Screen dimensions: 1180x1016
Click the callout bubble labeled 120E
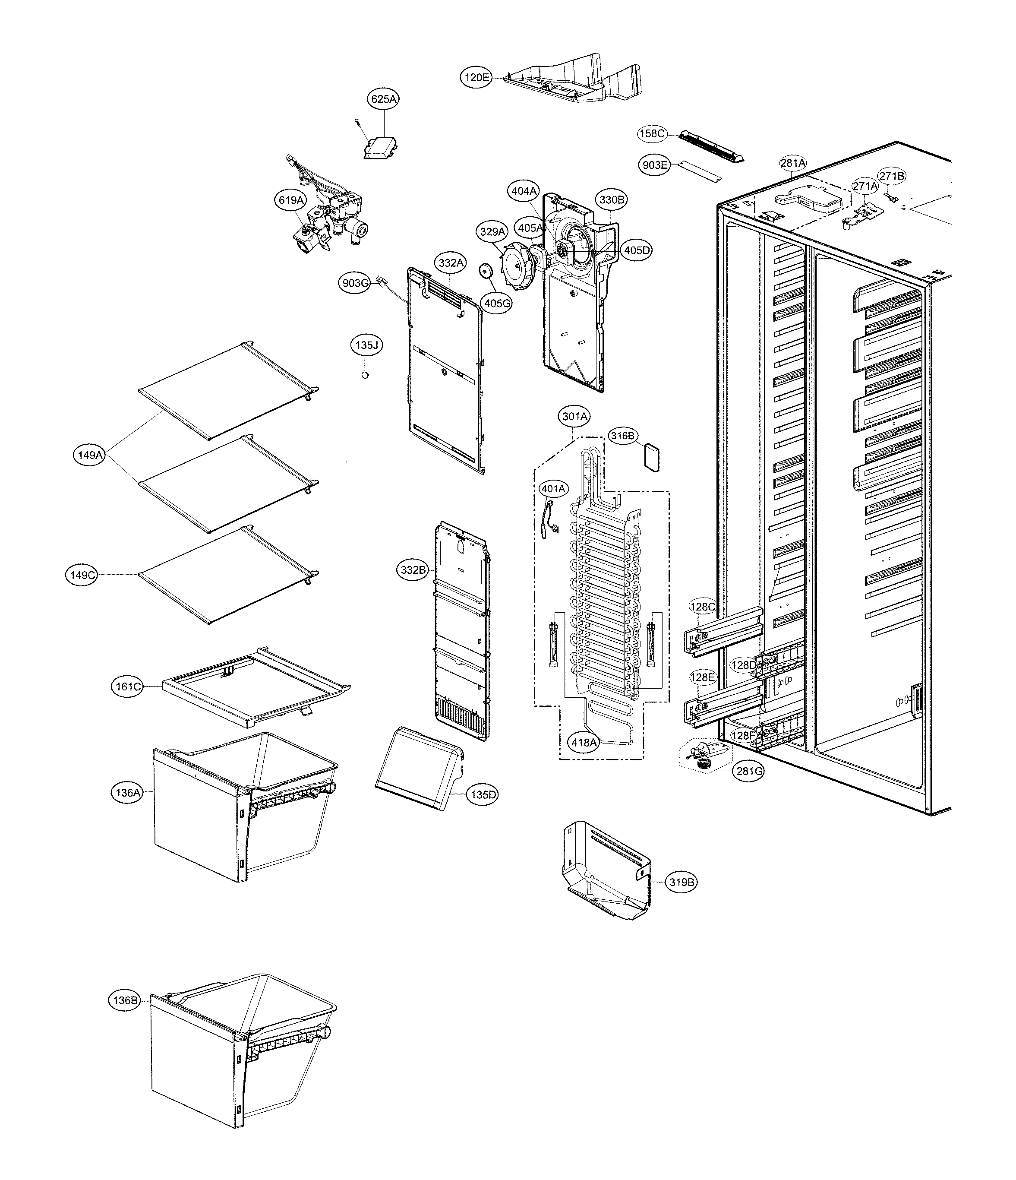point(476,77)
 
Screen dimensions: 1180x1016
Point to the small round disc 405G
point(486,271)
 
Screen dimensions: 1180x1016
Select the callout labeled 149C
point(82,575)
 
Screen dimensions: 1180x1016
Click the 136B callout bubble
point(125,1000)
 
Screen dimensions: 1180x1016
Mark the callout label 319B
point(682,882)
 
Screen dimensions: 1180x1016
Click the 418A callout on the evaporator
point(584,742)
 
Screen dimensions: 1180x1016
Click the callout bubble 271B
point(892,176)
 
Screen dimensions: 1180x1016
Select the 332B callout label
point(413,569)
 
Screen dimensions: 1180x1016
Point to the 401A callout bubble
point(553,489)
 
